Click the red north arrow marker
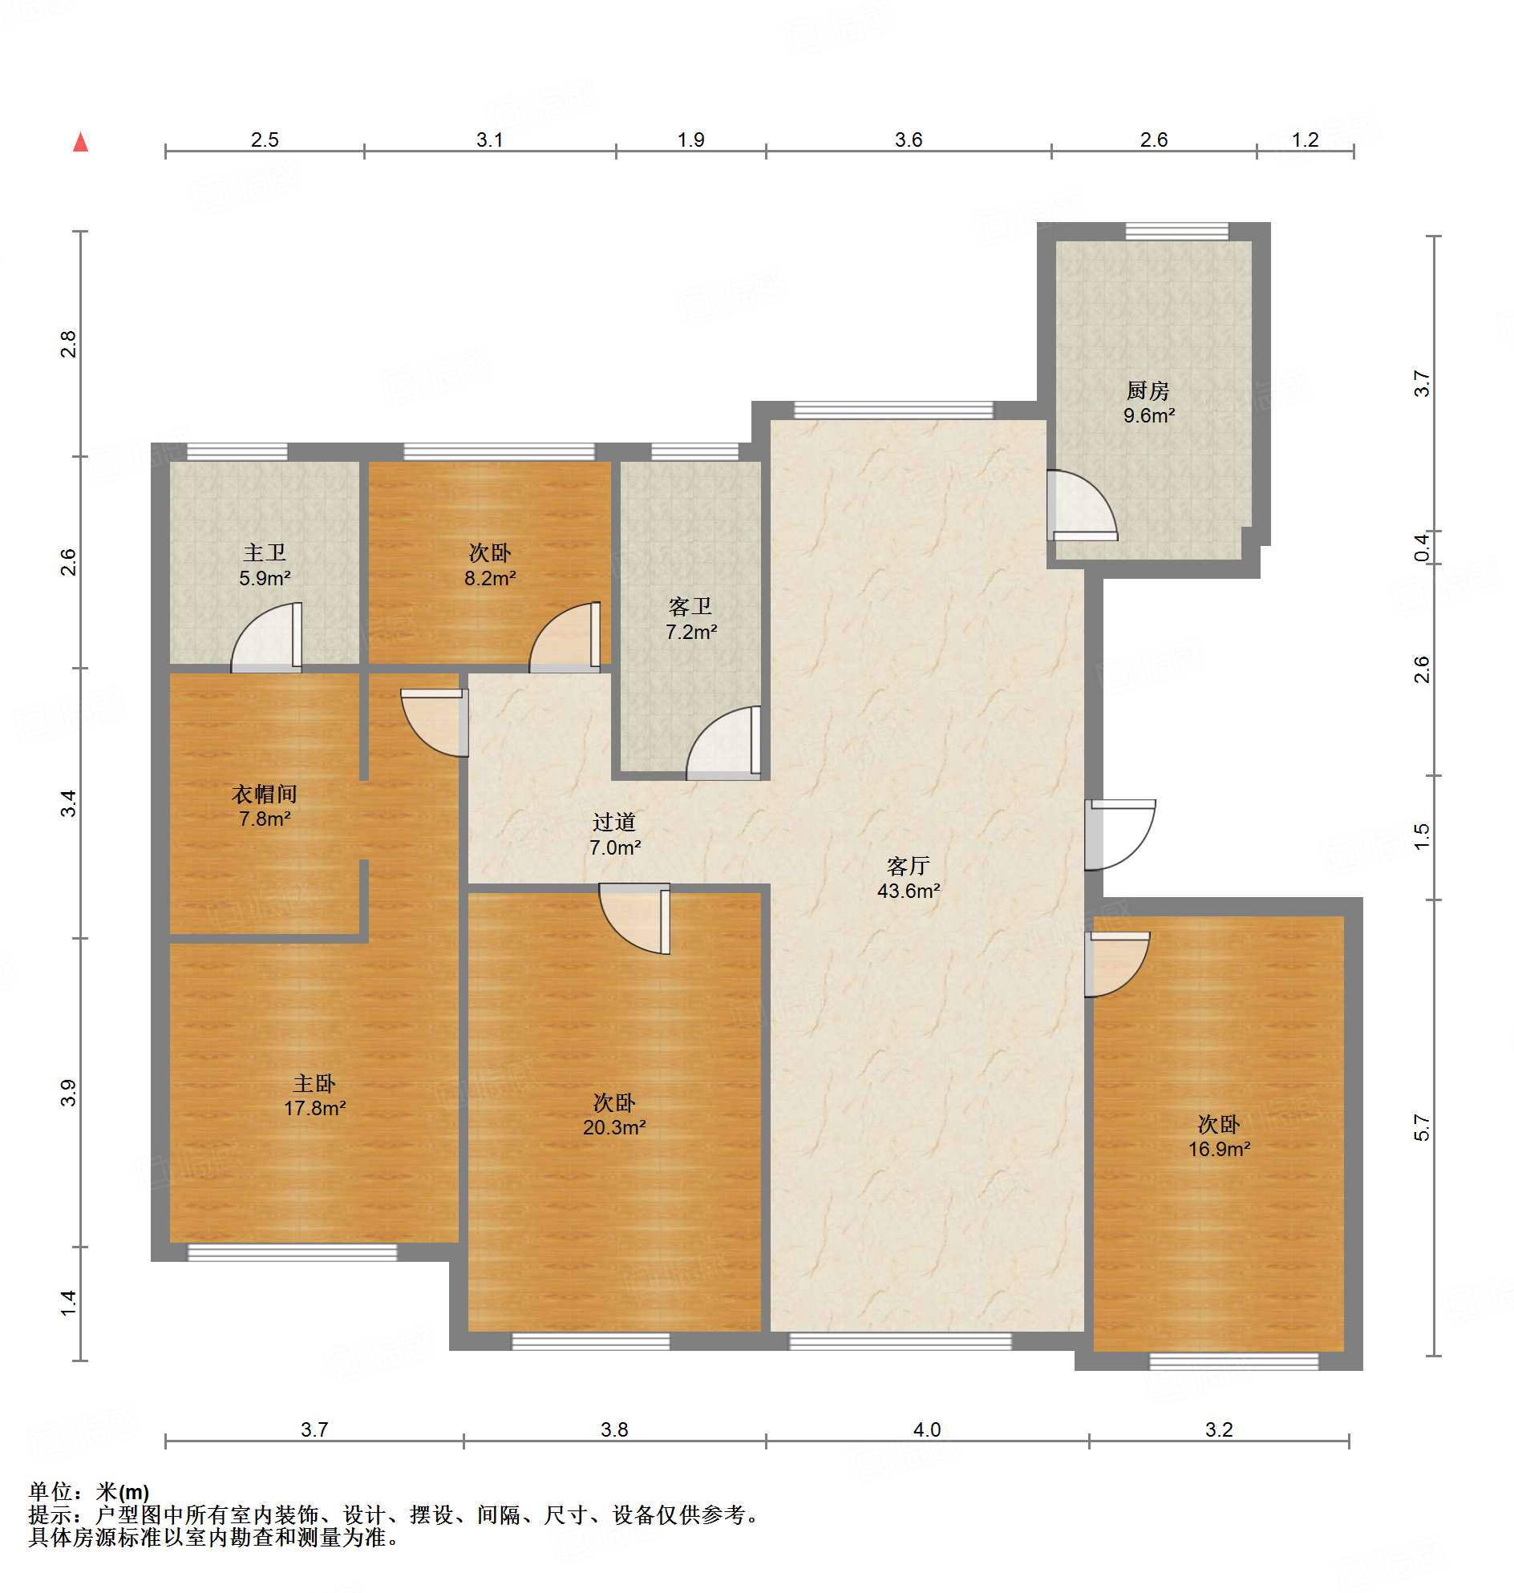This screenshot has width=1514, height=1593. [81, 142]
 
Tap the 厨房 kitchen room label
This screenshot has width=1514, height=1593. [1148, 391]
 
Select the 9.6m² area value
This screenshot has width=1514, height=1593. [1148, 415]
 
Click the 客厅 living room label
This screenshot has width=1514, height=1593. [908, 866]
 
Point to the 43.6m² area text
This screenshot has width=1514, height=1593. [908, 891]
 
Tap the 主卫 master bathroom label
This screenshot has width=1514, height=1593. [265, 553]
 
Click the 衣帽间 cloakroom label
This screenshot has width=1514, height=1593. [265, 794]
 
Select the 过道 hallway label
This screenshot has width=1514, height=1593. [614, 823]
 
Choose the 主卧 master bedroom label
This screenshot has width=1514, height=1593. [314, 1083]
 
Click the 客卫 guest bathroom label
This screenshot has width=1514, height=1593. [690, 606]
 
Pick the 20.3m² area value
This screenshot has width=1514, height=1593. [614, 1127]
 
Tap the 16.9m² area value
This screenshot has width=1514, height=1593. [1219, 1149]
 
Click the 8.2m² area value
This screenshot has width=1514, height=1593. [490, 578]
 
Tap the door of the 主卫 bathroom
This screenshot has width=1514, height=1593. [267, 637]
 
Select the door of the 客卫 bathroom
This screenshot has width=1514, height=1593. [724, 743]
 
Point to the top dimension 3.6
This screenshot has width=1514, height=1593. [908, 139]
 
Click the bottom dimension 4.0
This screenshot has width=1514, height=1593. [926, 1429]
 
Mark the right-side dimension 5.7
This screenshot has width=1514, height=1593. [1421, 1127]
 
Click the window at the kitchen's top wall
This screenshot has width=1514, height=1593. [1176, 232]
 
